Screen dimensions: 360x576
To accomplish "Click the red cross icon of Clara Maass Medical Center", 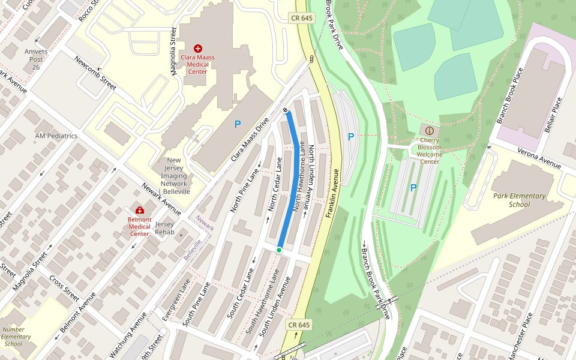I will (198, 48).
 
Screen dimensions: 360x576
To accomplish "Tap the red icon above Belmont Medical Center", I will (140, 210).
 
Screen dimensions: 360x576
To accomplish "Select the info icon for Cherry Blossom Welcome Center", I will (429, 130).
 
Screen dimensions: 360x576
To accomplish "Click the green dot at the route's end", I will (279, 250).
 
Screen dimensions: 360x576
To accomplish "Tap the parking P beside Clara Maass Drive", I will (238, 124).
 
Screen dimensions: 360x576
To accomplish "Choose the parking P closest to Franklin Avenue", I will (351, 137).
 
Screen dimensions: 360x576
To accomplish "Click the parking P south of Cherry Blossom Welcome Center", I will (413, 188).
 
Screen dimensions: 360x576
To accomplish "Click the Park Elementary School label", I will (519, 200).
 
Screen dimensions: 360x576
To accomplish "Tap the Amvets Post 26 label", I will (36, 59).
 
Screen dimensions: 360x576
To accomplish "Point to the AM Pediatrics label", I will (56, 136).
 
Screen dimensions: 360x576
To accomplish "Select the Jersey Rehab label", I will (164, 227).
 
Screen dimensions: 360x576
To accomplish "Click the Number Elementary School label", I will (16, 337).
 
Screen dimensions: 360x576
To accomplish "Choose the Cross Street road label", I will (64, 289).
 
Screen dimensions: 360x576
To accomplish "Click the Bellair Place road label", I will (556, 115).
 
